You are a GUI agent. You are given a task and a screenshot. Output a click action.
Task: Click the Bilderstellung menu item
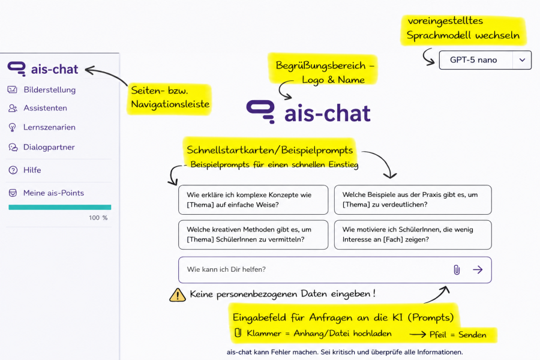(x=41, y=89)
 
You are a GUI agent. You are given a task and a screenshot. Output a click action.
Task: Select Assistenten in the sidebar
(x=38, y=108)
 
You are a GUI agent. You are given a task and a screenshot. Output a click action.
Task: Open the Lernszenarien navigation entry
(x=41, y=127)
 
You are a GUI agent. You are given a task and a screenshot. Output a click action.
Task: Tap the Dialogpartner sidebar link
(x=41, y=148)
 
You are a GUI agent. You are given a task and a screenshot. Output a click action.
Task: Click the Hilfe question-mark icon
(x=13, y=170)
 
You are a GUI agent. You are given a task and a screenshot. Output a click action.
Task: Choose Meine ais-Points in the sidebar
(x=46, y=193)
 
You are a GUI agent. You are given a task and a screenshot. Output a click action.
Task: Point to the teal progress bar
(x=60, y=208)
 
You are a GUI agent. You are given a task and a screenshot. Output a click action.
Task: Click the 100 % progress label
(x=98, y=218)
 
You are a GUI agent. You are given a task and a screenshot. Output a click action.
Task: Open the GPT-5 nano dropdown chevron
(x=522, y=60)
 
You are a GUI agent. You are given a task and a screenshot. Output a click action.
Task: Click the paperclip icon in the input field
(x=457, y=270)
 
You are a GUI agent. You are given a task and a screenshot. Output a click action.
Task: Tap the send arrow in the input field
(x=478, y=270)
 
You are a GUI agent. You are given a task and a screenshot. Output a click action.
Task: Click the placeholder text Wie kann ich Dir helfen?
(x=226, y=269)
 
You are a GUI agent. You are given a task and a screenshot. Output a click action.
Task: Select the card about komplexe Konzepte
(x=253, y=200)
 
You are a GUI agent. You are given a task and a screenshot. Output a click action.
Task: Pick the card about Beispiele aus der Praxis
(x=413, y=200)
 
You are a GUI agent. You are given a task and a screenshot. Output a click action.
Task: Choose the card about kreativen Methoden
(x=253, y=235)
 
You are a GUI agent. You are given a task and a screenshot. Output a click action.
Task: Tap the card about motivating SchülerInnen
(x=413, y=235)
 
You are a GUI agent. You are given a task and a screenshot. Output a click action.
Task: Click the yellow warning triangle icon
(x=178, y=295)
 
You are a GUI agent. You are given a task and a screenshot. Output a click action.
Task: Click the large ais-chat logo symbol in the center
(x=261, y=112)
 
